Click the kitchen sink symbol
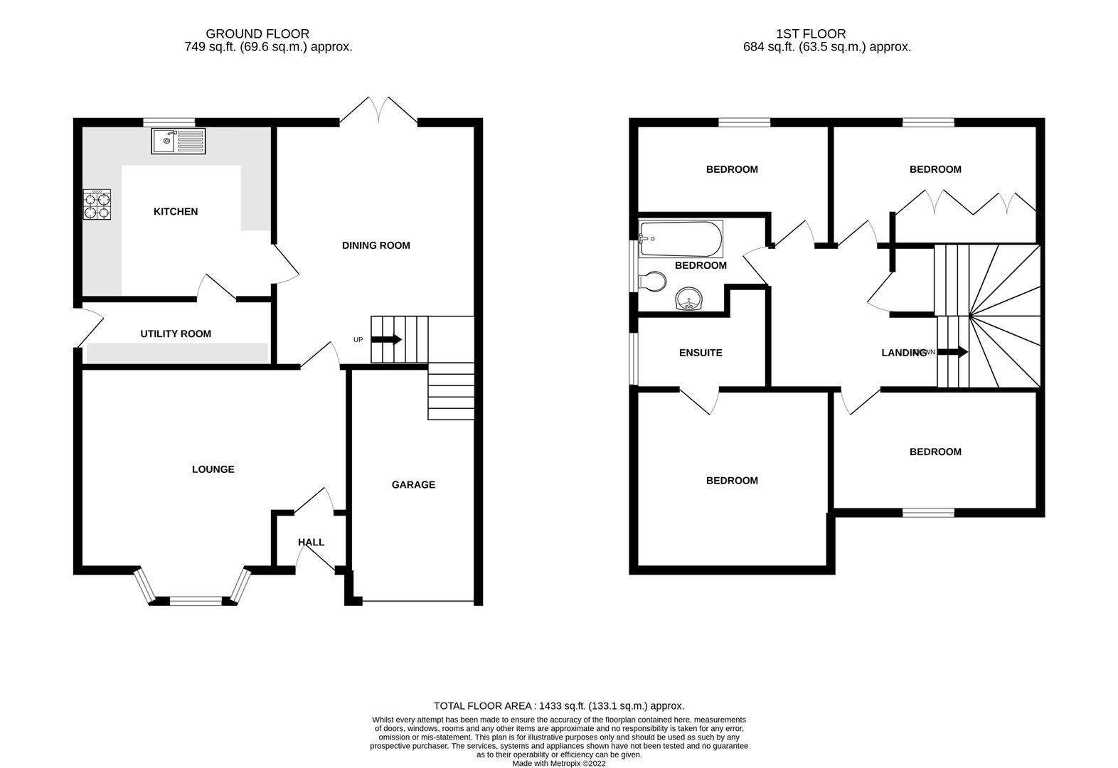coord(178,141)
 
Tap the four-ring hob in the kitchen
coord(97,204)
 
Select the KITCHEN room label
coord(176,211)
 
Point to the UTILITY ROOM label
coord(176,334)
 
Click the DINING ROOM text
coord(376,245)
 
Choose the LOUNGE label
coord(213,469)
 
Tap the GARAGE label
coord(413,485)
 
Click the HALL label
coord(311,542)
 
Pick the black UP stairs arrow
coord(387,340)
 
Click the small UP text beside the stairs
coord(358,340)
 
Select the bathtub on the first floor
coord(681,239)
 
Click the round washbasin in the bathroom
coord(689,299)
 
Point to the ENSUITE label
coord(701,353)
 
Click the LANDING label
coord(903,353)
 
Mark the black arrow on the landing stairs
coord(953,352)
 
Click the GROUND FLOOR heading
coord(257,33)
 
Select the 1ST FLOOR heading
coord(811,33)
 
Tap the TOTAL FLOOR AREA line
coord(559,706)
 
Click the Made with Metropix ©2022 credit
coord(559,764)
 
